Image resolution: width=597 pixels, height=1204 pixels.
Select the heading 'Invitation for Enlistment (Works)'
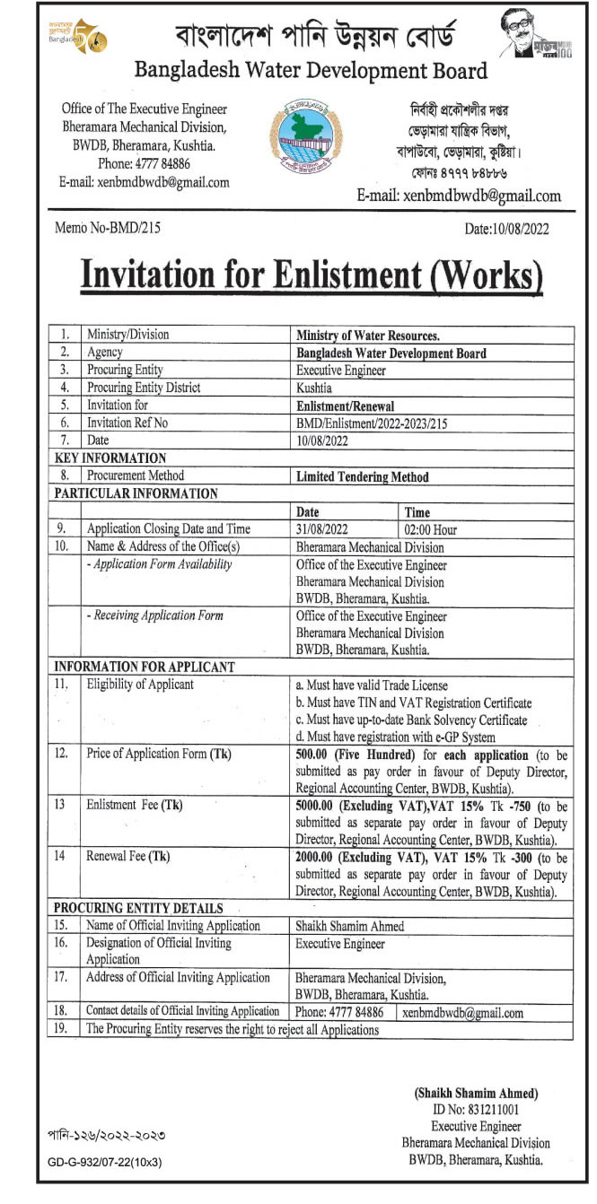312,275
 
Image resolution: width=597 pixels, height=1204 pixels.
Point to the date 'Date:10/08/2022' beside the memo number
506,229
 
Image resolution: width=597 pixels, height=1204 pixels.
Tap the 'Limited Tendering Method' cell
363,477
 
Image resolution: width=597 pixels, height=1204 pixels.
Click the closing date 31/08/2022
320,529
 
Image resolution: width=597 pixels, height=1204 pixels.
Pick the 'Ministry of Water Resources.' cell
368,336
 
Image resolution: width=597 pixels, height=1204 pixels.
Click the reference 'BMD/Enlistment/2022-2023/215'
371,423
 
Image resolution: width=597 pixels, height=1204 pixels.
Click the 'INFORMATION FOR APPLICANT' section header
145,667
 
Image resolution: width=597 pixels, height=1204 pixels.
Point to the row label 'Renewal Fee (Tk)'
127,856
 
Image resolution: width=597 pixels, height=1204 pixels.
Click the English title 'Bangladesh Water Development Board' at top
311,71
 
